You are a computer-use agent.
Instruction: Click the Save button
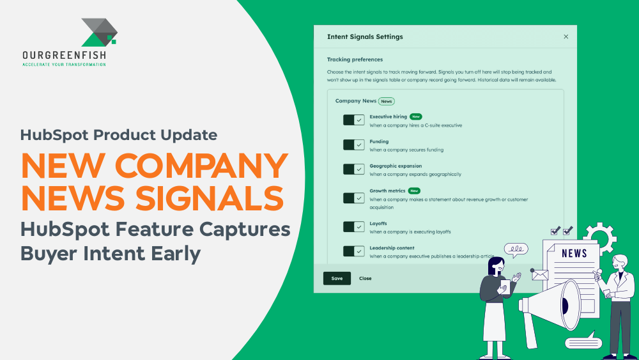click(337, 278)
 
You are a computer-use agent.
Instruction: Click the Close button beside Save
click(366, 278)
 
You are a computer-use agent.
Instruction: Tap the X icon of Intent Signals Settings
click(566, 37)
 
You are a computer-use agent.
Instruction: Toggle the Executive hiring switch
click(353, 120)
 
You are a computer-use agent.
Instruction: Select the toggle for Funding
click(353, 145)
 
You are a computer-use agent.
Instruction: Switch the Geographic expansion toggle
click(353, 169)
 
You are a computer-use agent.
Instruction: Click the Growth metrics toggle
click(353, 198)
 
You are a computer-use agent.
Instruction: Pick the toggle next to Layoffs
click(353, 227)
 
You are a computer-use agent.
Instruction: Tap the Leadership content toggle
click(353, 251)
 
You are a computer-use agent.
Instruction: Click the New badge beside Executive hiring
click(416, 117)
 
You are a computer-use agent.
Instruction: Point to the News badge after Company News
click(386, 101)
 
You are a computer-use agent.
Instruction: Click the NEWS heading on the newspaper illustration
click(574, 253)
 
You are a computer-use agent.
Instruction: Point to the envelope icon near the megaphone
click(540, 275)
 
